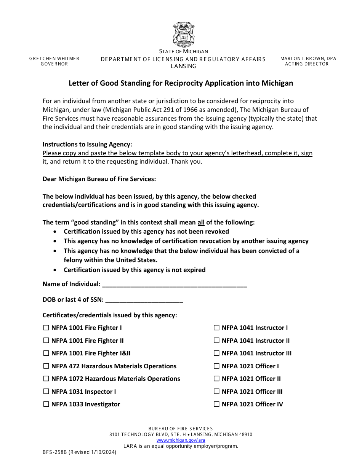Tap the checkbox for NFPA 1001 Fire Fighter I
coord(46,328)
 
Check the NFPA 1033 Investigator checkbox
coord(46,404)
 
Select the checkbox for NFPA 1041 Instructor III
coord(216,353)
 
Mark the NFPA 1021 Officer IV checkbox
coord(216,404)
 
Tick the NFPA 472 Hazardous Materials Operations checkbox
coord(46,366)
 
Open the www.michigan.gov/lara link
coord(181,440)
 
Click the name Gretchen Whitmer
coord(54,59)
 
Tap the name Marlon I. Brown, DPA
coord(308,59)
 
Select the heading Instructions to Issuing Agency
coord(87,144)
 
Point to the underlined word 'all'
coord(201,222)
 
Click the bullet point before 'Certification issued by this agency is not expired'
coord(56,270)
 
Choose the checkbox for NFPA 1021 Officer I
coord(216,366)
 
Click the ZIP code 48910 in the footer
coord(244,435)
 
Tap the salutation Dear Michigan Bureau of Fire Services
coord(99,179)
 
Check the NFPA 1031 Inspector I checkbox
coord(46,392)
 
